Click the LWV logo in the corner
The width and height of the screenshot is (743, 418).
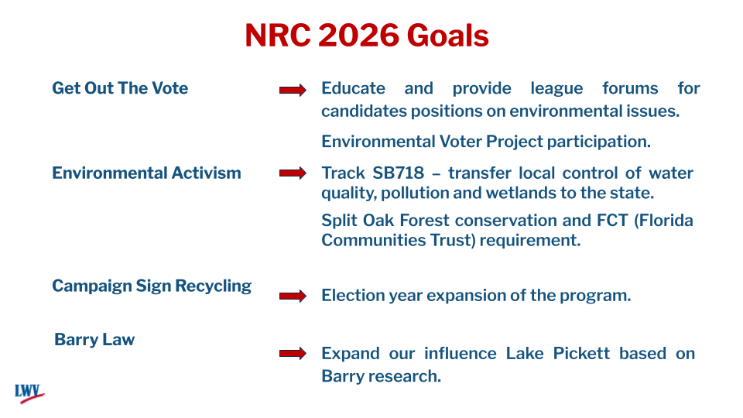tap(29, 392)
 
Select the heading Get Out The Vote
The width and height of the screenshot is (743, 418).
tap(120, 88)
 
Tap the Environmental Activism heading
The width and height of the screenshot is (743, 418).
tap(146, 173)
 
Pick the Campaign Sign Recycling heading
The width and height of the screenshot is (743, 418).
tap(152, 286)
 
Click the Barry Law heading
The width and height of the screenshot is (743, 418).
tap(94, 340)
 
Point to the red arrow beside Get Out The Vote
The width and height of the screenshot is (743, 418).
tap(293, 91)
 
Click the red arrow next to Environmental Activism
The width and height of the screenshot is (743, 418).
tap(293, 173)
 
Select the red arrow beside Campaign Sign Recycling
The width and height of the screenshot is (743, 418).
tap(293, 296)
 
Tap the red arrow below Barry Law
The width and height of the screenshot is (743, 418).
tap(293, 354)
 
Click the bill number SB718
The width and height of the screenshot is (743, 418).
tap(393, 173)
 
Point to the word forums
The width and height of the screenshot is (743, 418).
tap(630, 88)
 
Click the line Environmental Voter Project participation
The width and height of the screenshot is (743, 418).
tap(485, 142)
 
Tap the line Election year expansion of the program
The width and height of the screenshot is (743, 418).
tap(476, 296)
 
